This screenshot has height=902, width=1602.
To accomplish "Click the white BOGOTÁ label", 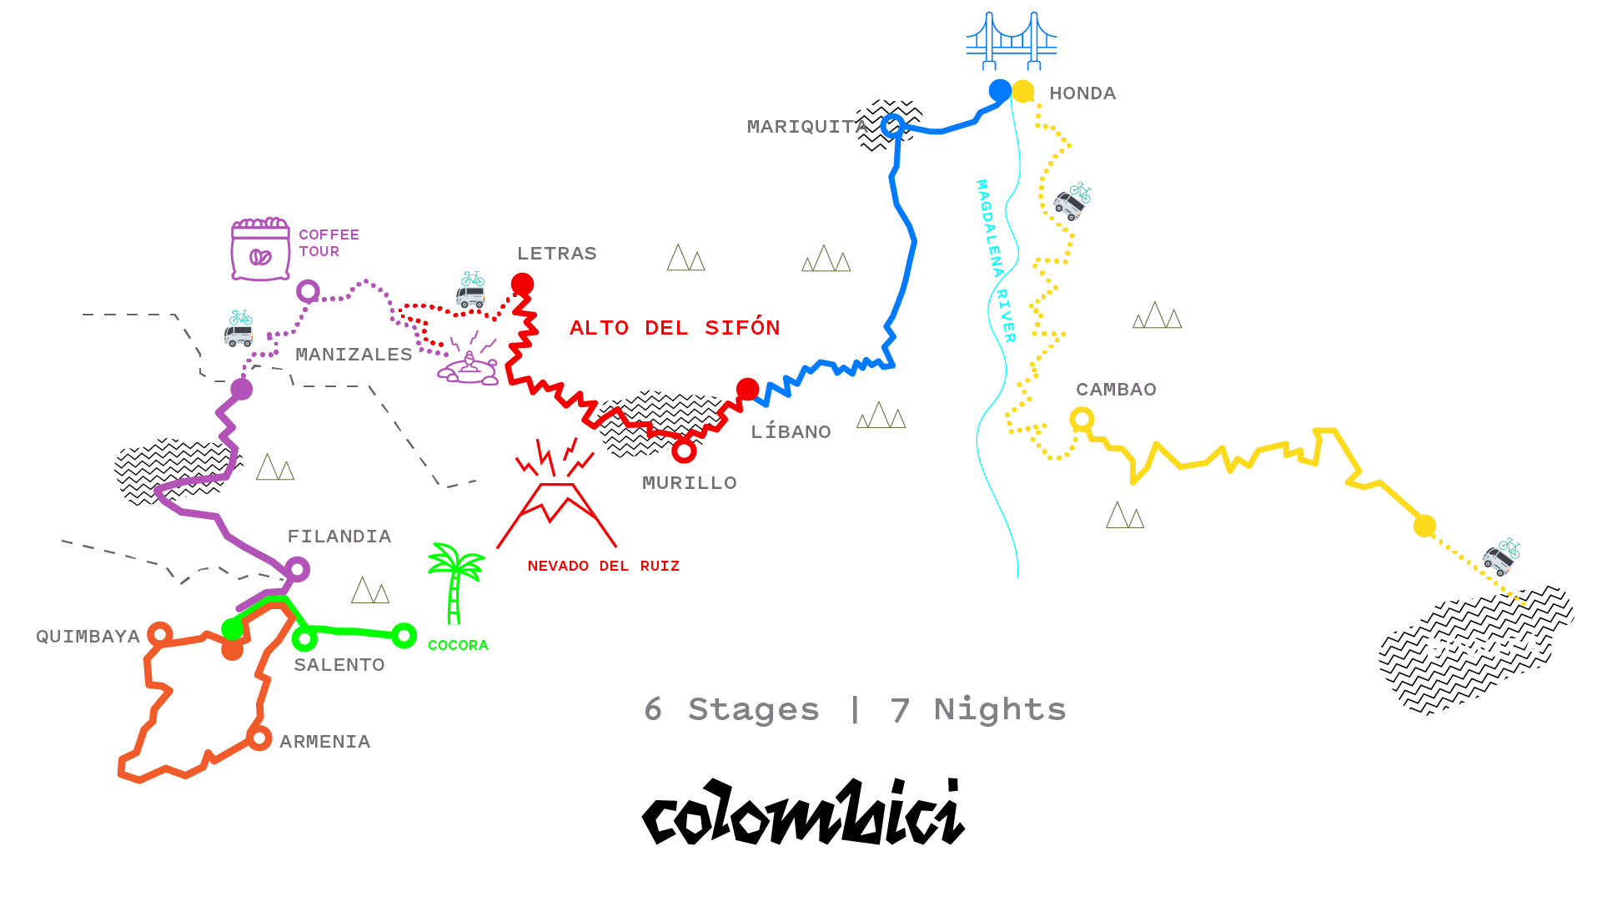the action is tap(1484, 648).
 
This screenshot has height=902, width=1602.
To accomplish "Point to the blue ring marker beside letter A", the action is tap(891, 126).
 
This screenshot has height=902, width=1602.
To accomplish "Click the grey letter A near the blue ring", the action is tap(861, 129).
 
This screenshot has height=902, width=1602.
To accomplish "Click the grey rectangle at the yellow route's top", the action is tap(1085, 106).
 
